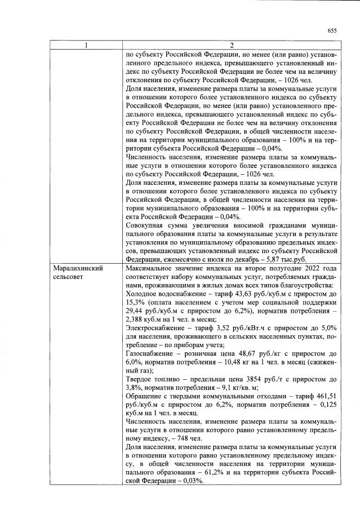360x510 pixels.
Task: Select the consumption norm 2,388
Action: point(138,322)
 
